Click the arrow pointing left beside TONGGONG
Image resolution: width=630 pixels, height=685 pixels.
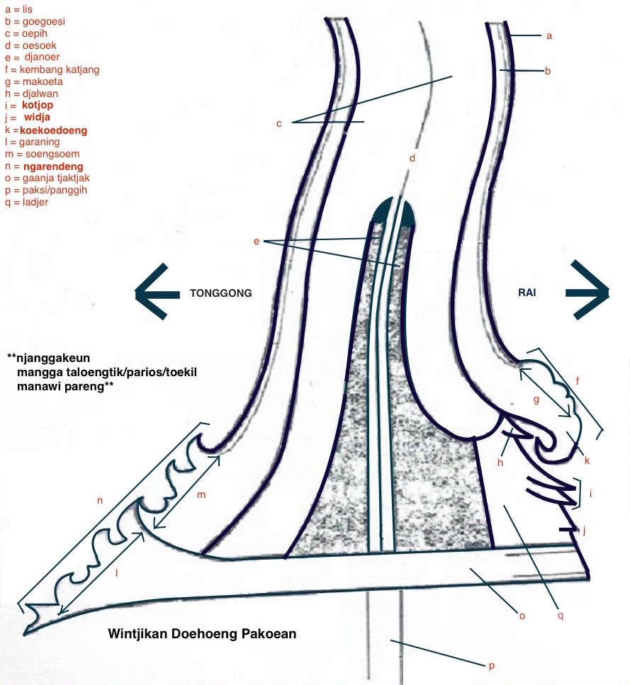click(152, 292)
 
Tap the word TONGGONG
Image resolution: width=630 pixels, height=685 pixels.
click(220, 293)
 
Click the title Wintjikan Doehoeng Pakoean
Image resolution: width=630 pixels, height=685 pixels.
click(202, 633)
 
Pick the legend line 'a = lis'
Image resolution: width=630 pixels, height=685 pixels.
click(18, 10)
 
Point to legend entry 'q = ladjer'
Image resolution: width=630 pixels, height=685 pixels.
click(26, 203)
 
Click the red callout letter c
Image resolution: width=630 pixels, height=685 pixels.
click(279, 124)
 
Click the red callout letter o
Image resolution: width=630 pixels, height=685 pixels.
click(522, 616)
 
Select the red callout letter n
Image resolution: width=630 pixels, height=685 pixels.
click(100, 500)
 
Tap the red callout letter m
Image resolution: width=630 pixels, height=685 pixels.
click(201, 495)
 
